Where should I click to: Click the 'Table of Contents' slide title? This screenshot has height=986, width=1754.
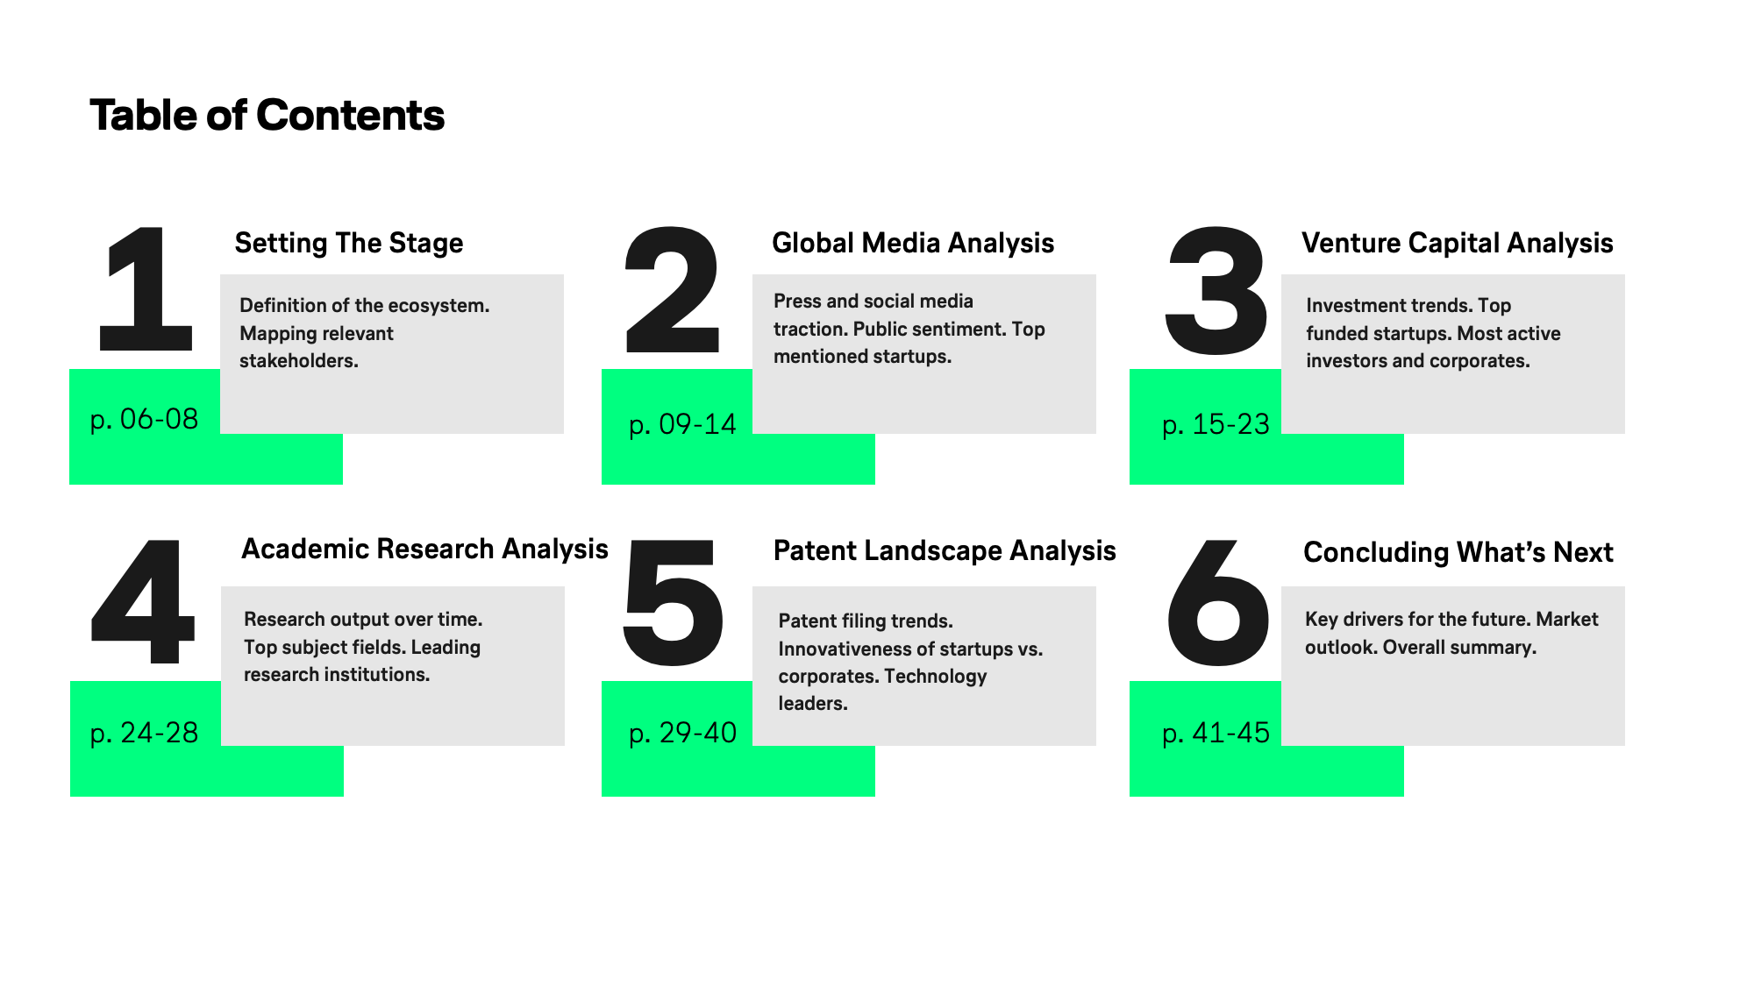tap(267, 116)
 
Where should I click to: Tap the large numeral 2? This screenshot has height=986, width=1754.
tap(672, 288)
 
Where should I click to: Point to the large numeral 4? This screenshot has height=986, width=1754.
tap(142, 602)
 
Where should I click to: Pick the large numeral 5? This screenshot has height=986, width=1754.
tap(673, 604)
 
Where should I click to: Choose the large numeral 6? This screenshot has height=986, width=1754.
tap(1218, 604)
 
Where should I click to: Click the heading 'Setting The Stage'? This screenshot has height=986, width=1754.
tap(349, 243)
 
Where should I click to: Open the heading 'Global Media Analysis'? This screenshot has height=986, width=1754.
tap(913, 243)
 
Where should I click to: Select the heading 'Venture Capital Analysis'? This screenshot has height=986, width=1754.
tap(1458, 243)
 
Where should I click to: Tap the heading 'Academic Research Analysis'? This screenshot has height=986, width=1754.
tap(424, 550)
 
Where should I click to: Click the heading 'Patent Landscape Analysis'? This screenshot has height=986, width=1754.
tap(945, 550)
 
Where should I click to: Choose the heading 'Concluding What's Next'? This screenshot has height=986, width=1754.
tap(1458, 552)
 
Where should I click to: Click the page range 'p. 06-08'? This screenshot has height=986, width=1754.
tap(145, 419)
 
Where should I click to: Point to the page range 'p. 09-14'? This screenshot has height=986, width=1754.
tap(683, 424)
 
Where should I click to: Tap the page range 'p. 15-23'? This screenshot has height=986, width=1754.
tap(1216, 424)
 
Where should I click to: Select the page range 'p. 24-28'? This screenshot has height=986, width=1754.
tap(145, 733)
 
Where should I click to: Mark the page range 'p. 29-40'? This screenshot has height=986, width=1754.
tap(683, 733)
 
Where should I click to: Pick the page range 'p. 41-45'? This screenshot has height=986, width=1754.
tap(1216, 733)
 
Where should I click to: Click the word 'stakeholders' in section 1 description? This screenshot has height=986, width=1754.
tap(297, 360)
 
